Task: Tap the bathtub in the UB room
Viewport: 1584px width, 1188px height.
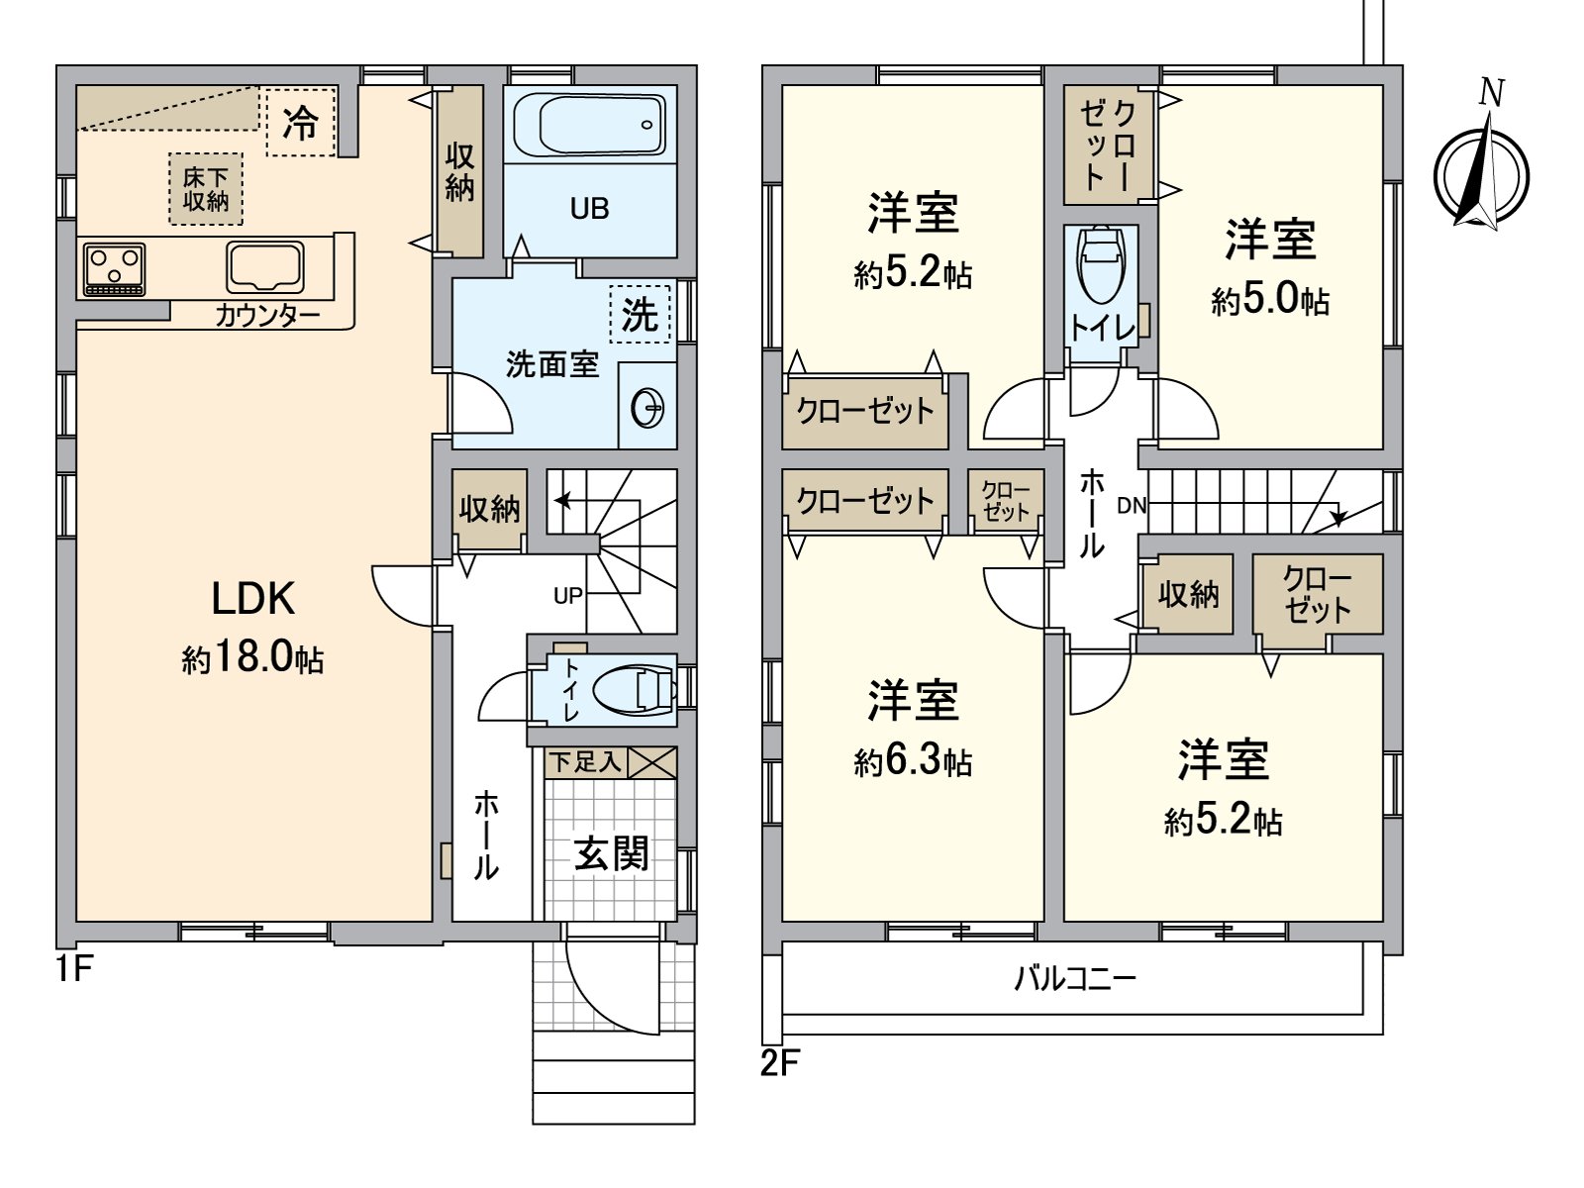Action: coord(589,124)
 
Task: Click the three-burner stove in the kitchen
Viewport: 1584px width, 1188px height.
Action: coord(114,269)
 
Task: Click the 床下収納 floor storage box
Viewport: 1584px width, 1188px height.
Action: coord(206,188)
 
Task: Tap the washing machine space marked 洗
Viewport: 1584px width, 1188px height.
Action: coord(640,315)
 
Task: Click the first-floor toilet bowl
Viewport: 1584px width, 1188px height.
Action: coord(633,690)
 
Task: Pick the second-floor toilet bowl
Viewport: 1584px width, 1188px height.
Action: coord(1101,264)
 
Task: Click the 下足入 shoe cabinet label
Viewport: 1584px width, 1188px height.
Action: coord(585,761)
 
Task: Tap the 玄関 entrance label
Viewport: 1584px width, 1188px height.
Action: coord(611,853)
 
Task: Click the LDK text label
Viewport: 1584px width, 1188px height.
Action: coord(253,599)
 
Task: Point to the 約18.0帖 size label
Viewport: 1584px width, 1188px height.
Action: coord(252,658)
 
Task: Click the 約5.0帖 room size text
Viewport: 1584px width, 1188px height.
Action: coord(1270,299)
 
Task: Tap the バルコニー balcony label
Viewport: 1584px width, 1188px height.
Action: coord(1075,979)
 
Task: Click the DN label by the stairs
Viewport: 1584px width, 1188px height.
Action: coord(1132,506)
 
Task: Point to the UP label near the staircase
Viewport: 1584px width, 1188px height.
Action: coord(568,596)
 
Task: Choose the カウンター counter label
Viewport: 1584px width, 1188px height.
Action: coord(267,316)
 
